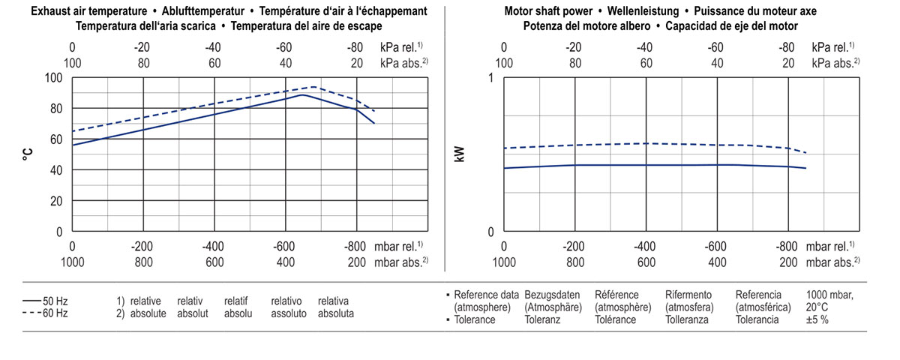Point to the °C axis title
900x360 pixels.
[28, 154]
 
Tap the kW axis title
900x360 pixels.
[460, 154]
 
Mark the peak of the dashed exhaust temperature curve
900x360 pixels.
[315, 86]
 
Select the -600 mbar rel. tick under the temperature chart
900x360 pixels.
[285, 246]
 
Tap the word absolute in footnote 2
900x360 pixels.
[148, 313]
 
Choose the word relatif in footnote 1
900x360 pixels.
[236, 301]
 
